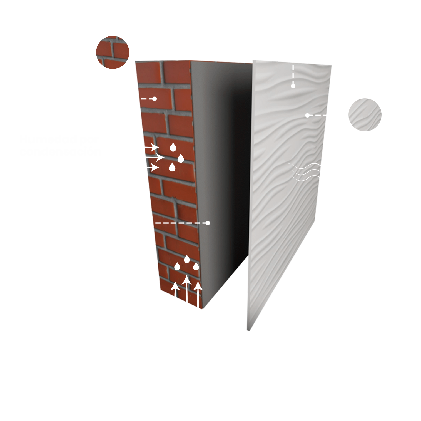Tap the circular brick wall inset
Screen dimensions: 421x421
pos(113,52)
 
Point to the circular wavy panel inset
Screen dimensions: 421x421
pos(365,115)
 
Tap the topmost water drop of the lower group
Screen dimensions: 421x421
pos(187,259)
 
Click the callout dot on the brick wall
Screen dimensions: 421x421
pos(155,99)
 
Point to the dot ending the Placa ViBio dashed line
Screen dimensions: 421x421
pos(293,86)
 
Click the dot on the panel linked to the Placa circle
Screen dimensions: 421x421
pos(307,115)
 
